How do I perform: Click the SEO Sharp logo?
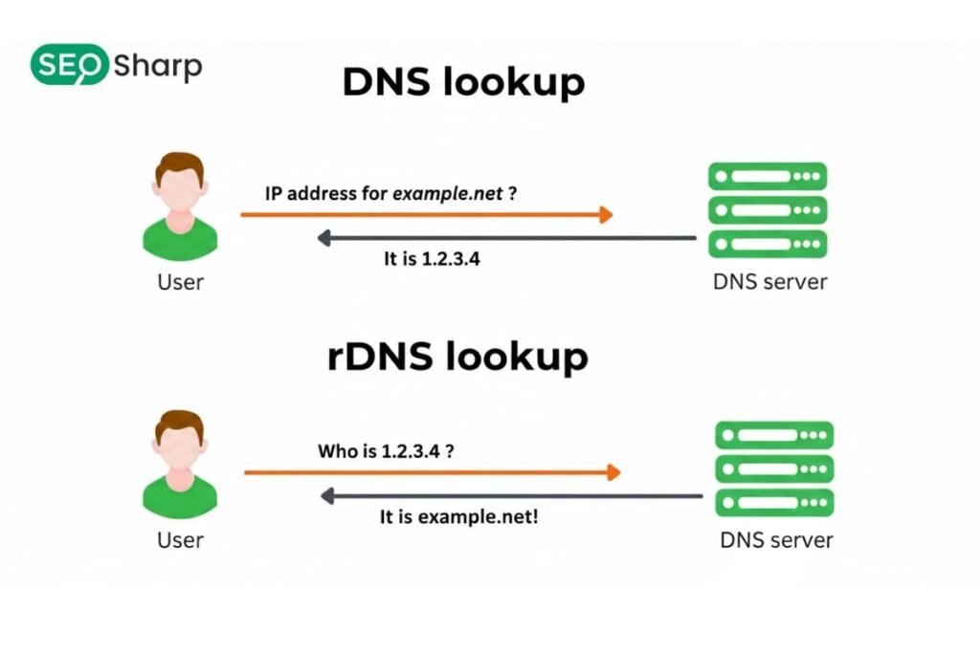[x=116, y=65]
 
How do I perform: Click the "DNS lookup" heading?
[x=463, y=83]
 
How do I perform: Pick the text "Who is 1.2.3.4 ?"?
[x=386, y=450]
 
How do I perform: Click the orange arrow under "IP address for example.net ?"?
[x=426, y=215]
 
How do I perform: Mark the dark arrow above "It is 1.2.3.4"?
[x=507, y=238]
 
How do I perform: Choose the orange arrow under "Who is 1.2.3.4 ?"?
[x=433, y=472]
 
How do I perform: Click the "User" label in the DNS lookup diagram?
[x=180, y=282]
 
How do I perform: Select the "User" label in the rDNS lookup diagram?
[x=180, y=540]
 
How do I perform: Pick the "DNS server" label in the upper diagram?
[x=769, y=282]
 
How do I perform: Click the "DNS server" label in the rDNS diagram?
[x=776, y=540]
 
